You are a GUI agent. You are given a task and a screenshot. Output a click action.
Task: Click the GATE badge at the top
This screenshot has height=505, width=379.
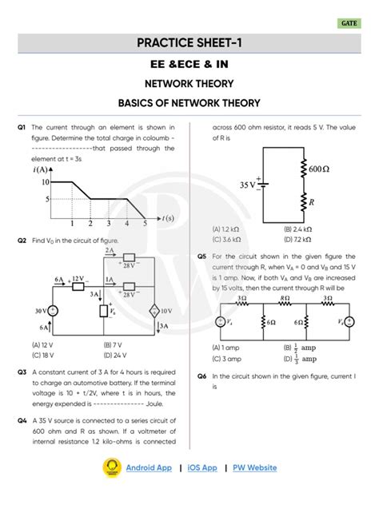pos(349,24)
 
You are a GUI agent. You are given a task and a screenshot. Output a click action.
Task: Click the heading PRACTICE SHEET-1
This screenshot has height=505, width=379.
pos(189,42)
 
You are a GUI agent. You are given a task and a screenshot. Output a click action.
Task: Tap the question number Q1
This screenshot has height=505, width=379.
pos(22,127)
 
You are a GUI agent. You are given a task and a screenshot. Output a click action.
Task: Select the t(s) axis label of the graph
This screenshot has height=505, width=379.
pos(166,217)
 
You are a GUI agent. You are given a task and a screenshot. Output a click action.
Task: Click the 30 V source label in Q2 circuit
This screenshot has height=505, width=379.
pos(38,310)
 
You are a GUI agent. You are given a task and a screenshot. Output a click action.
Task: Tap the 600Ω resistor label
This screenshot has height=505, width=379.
pos(319,169)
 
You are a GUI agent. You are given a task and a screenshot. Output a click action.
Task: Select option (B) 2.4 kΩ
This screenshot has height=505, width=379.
pos(298,229)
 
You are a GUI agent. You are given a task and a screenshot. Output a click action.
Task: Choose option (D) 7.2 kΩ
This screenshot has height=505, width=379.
pos(298,238)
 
